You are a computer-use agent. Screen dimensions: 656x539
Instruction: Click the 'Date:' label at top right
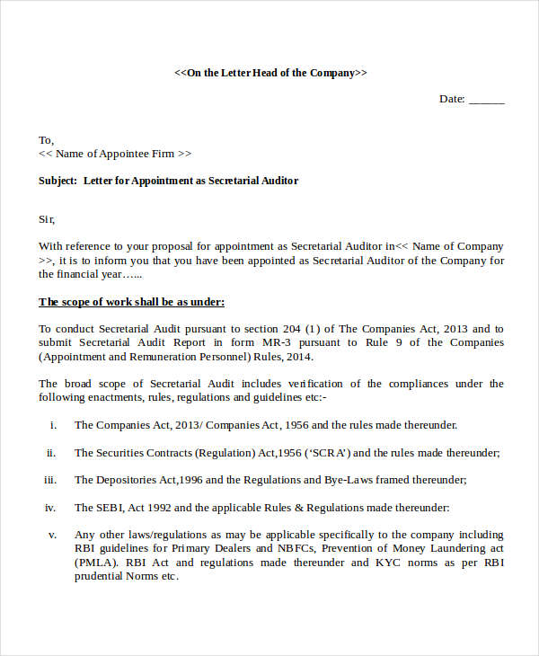pos(452,99)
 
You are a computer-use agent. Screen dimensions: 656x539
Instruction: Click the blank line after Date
pos(487,100)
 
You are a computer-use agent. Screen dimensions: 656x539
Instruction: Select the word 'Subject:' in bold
pos(57,181)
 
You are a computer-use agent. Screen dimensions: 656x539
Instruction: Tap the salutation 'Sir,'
pos(47,218)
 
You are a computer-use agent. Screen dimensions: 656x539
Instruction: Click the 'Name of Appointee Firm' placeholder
pos(117,154)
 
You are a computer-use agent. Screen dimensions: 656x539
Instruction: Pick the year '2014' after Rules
pos(296,357)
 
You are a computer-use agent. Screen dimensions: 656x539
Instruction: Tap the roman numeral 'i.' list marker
pos(53,425)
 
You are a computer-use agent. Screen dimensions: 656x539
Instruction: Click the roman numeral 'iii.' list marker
pos(50,480)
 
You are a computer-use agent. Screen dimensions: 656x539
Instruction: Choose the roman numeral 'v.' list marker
pos(52,535)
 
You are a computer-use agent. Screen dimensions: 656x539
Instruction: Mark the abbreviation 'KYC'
pos(388,563)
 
